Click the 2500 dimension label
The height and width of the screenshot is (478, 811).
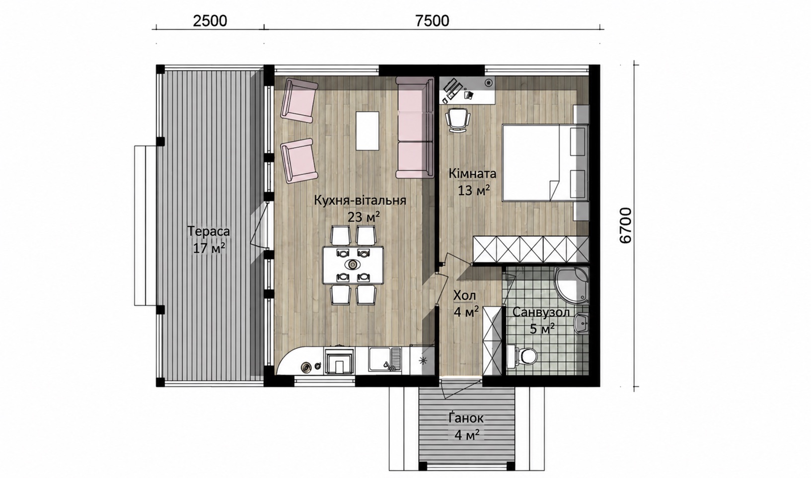[x=210, y=21]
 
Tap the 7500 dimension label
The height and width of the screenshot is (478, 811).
[x=432, y=21]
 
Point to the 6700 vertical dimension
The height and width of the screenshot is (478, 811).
[x=626, y=225]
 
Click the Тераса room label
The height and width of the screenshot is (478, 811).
[x=209, y=231]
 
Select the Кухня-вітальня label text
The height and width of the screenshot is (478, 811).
[x=360, y=200]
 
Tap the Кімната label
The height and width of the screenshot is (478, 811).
[x=472, y=174]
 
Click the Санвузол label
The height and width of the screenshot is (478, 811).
[x=541, y=312]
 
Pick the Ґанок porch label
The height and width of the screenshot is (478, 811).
[x=466, y=418]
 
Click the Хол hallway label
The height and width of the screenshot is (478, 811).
[x=464, y=296]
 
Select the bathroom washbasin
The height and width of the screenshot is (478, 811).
[x=581, y=322]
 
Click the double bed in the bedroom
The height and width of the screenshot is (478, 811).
[x=545, y=162]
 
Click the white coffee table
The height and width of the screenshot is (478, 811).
[x=368, y=131]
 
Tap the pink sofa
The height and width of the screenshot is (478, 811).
[x=415, y=128]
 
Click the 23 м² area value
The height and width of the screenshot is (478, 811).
[x=364, y=217]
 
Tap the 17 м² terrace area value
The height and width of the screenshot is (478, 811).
[x=209, y=248]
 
